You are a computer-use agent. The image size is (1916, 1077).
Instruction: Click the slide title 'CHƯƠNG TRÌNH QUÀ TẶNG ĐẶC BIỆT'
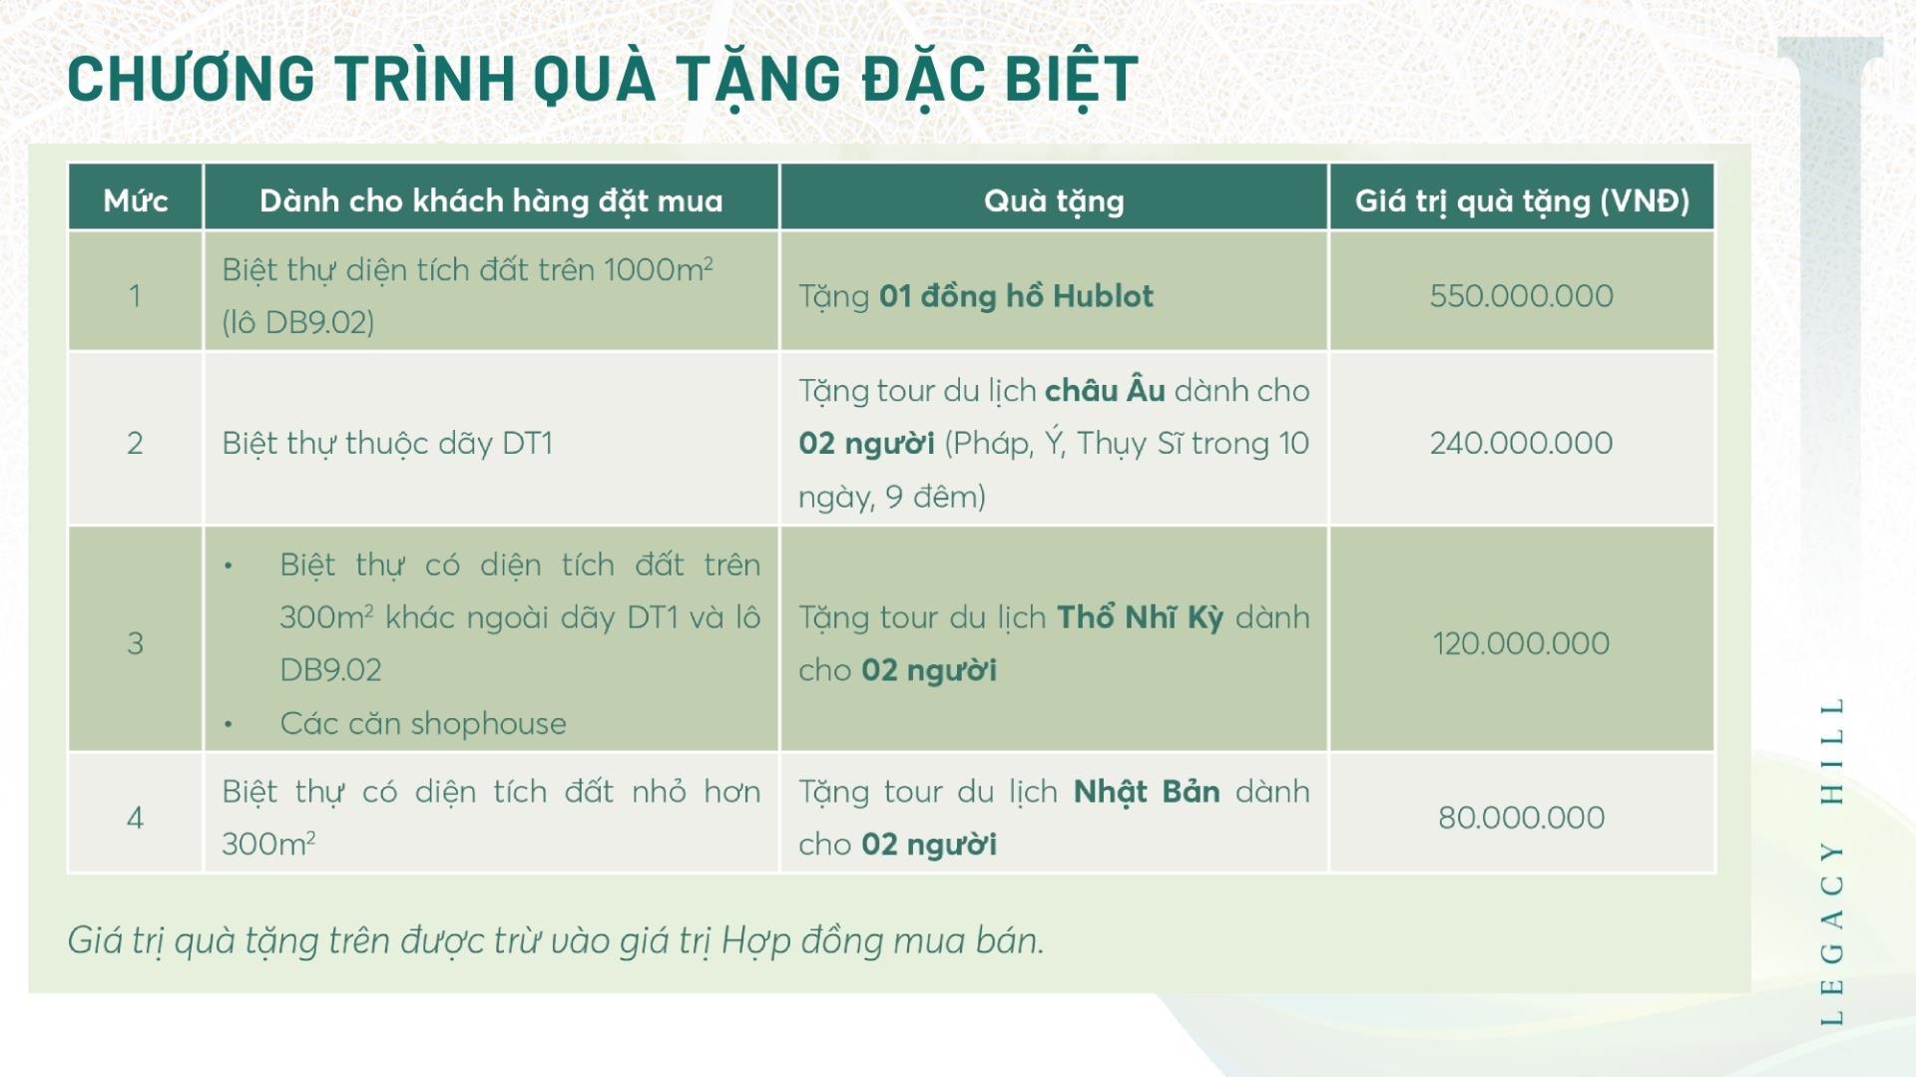pyautogui.click(x=603, y=80)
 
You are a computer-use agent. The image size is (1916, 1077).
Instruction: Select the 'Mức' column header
pyautogui.click(x=136, y=201)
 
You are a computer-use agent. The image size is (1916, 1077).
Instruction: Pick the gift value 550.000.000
pyautogui.click(x=1522, y=296)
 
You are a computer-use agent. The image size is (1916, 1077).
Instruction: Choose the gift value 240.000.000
pyautogui.click(x=1522, y=444)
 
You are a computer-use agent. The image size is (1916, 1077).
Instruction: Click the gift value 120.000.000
pyautogui.click(x=1522, y=644)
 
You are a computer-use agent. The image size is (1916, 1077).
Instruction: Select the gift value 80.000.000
pyautogui.click(x=1522, y=818)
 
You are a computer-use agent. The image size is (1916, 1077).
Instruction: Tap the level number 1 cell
pyautogui.click(x=135, y=296)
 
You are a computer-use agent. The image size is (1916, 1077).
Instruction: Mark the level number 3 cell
pyautogui.click(x=135, y=644)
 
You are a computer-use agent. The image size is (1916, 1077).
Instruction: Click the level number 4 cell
pyautogui.click(x=135, y=818)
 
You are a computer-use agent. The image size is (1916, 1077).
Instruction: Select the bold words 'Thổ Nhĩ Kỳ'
pyautogui.click(x=1140, y=617)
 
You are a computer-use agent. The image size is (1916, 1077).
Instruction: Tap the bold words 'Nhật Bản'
pyautogui.click(x=1147, y=792)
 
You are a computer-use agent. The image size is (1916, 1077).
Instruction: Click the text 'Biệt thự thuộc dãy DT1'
pyautogui.click(x=387, y=444)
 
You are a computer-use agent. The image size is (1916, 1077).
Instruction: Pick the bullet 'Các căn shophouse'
pyautogui.click(x=423, y=724)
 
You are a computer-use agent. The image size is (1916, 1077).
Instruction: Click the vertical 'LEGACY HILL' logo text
pyautogui.click(x=1831, y=862)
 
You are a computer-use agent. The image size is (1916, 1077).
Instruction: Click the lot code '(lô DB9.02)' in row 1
pyautogui.click(x=298, y=323)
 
